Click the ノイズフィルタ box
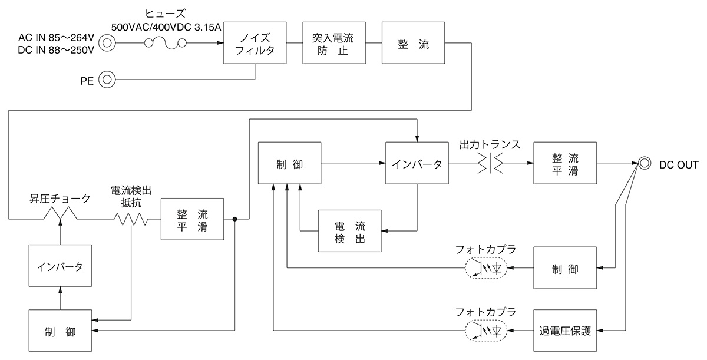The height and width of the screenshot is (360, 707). (255, 43)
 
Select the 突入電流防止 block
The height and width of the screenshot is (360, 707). (333, 43)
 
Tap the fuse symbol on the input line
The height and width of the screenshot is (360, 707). (166, 42)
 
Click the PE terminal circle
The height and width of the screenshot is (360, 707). (107, 80)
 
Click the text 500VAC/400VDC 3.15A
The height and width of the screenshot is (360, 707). (167, 27)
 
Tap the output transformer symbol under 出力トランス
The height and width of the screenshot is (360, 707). (490, 164)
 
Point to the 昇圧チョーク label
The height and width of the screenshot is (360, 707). (60, 199)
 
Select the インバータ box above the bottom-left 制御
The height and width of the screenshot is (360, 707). (60, 266)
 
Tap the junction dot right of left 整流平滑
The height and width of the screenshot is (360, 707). (234, 219)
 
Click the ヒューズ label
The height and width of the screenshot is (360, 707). (166, 12)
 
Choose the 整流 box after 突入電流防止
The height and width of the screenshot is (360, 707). (413, 43)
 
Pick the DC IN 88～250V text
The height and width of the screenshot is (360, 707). (57, 51)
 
